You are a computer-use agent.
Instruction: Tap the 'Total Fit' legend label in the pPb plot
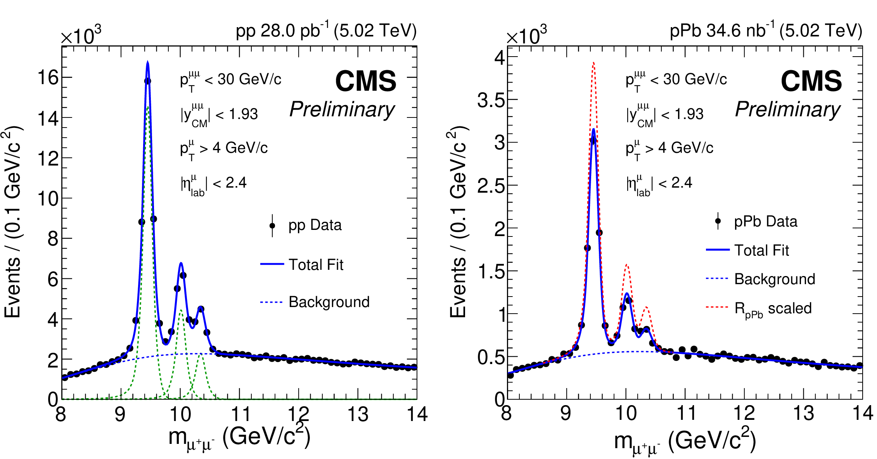coord(761,250)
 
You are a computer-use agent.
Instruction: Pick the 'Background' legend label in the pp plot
coord(329,302)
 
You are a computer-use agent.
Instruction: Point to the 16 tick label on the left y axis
coord(48,78)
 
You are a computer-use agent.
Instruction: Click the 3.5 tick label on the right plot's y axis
coord(491,100)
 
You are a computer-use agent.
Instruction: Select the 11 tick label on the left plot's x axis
coord(240,414)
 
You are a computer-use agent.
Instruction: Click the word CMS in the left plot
coord(366,81)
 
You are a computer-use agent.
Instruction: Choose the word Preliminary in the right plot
coord(788,109)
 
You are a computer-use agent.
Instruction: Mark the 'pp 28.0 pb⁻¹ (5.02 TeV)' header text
coord(326,31)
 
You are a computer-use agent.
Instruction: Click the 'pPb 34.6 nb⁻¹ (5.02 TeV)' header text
coord(766,31)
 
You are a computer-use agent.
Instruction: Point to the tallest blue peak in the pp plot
coord(147,62)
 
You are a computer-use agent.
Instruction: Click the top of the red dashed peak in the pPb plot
coord(593,63)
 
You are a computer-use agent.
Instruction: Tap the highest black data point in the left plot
coord(147,81)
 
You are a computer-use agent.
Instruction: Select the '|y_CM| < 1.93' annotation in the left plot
coord(219,115)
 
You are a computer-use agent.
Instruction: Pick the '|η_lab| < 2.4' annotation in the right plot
coord(659,183)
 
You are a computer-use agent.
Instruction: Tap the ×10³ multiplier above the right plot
coord(526,36)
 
